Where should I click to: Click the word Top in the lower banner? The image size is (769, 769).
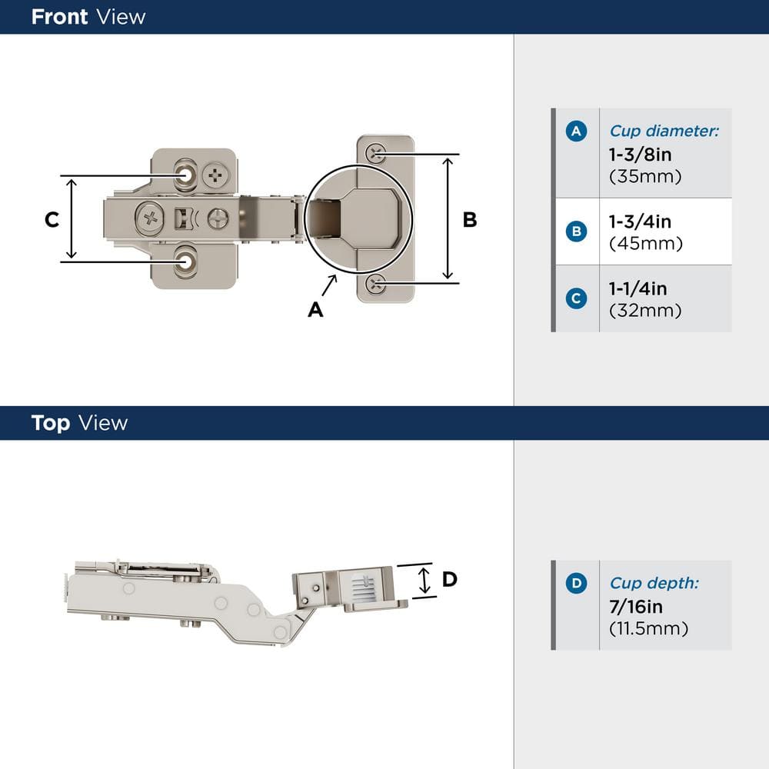click(50, 423)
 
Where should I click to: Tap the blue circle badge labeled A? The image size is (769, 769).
click(576, 131)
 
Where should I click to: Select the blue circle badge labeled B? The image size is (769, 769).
click(576, 231)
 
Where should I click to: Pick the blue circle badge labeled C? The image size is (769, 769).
click(576, 298)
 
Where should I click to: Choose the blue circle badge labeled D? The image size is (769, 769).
click(576, 584)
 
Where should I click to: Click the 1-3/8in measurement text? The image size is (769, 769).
click(640, 155)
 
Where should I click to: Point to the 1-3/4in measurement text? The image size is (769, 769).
click(640, 221)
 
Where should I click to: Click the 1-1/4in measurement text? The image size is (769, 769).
click(638, 288)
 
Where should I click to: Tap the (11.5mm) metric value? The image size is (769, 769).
click(648, 628)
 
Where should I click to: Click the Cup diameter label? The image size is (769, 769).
click(664, 131)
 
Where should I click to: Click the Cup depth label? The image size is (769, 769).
click(654, 584)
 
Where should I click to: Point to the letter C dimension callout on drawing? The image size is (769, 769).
click(52, 220)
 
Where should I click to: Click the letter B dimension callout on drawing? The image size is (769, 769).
click(469, 220)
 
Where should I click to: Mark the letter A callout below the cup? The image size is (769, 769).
click(315, 309)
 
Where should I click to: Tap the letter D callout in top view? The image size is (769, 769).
click(450, 579)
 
